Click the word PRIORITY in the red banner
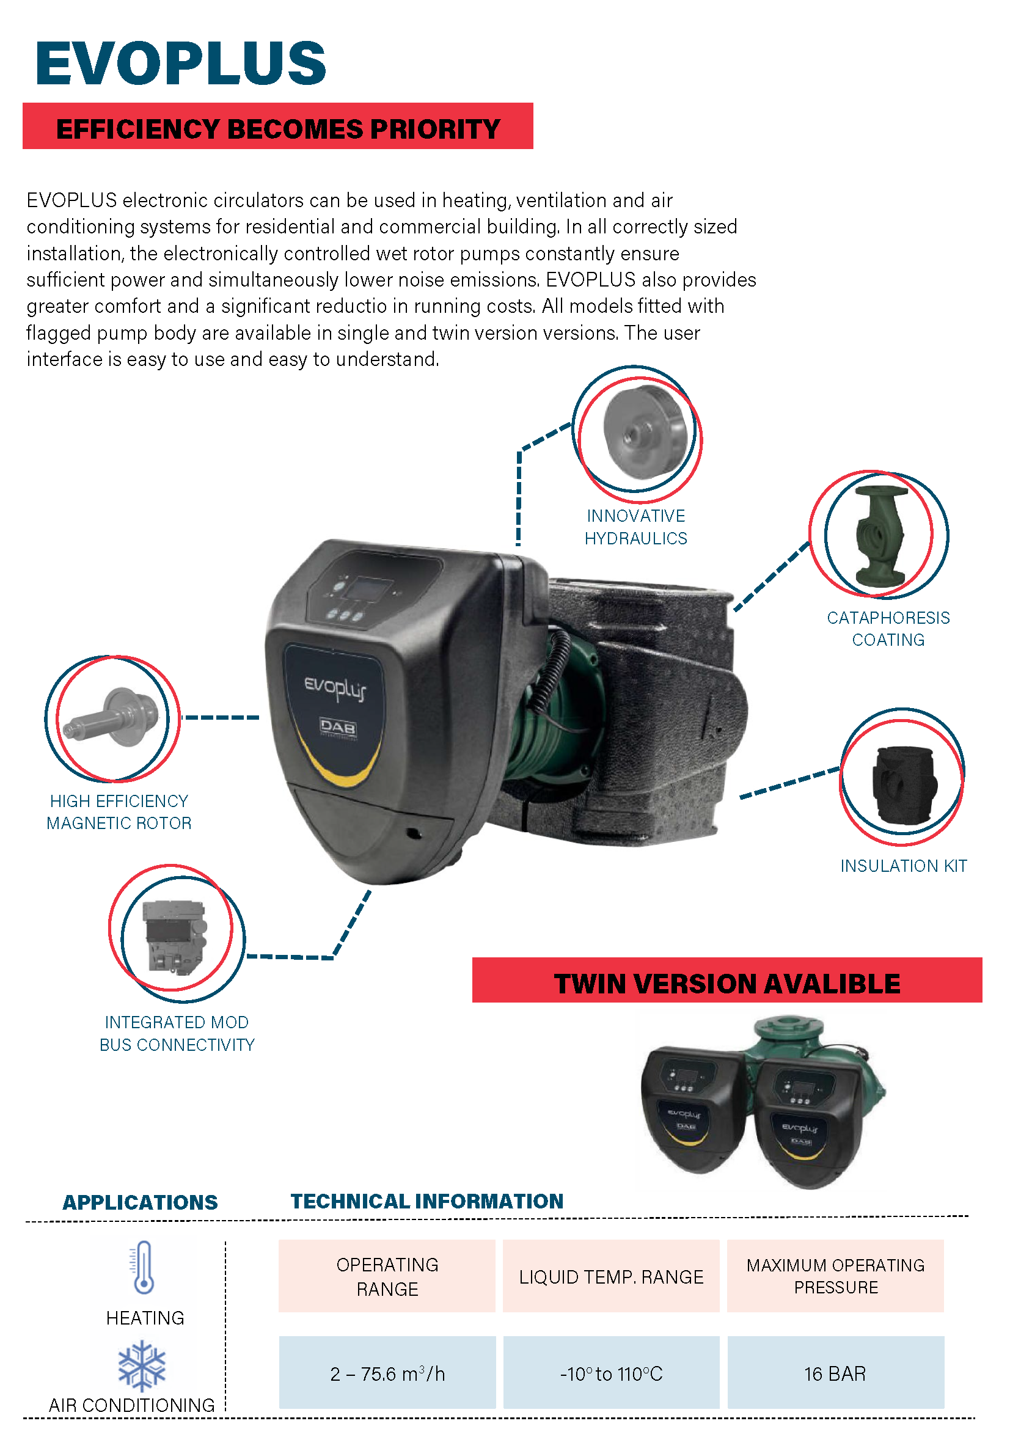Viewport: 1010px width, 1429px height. pyautogui.click(x=435, y=129)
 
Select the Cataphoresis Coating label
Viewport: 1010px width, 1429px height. pyautogui.click(x=887, y=628)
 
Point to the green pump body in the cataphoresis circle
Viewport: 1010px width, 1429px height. pyautogui.click(x=880, y=535)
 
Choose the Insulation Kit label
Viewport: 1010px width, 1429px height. pyautogui.click(x=903, y=865)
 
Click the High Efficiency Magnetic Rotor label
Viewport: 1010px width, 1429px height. pyautogui.click(x=119, y=811)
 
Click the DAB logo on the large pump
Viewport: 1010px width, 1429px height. pyautogui.click(x=338, y=726)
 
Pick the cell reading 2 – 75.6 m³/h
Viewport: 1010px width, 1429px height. pyautogui.click(x=387, y=1373)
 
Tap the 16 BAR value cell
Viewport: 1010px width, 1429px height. pyautogui.click(x=835, y=1373)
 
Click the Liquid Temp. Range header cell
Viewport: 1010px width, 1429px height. pyautogui.click(x=610, y=1276)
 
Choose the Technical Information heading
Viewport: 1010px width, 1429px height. pyautogui.click(x=427, y=1201)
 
